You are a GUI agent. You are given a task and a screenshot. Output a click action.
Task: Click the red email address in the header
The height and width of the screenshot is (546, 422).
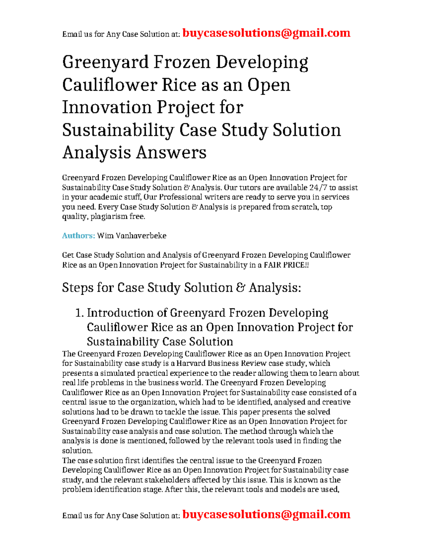pyautogui.click(x=266, y=33)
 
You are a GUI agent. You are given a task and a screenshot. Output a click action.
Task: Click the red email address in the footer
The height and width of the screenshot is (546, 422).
pyautogui.click(x=266, y=514)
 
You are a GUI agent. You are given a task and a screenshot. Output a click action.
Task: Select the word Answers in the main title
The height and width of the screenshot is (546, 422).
pyautogui.click(x=171, y=153)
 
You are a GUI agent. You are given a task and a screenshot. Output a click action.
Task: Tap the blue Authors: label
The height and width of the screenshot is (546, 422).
pyautogui.click(x=78, y=236)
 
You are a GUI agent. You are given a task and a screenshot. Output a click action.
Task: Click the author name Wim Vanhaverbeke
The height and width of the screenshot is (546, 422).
pyautogui.click(x=132, y=236)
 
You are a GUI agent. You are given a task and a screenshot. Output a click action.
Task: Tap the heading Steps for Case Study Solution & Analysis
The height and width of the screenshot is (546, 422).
pyautogui.click(x=181, y=288)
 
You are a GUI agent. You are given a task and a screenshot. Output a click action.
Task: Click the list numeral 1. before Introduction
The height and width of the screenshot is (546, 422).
pyautogui.click(x=79, y=313)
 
